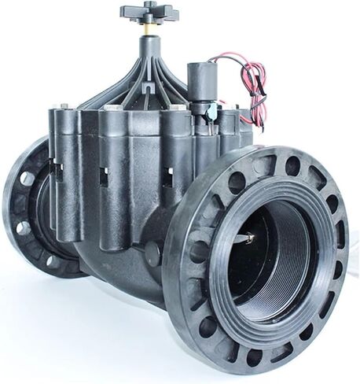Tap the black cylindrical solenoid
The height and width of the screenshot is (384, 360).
(x=202, y=79)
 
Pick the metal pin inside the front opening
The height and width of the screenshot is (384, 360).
(x=248, y=236)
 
